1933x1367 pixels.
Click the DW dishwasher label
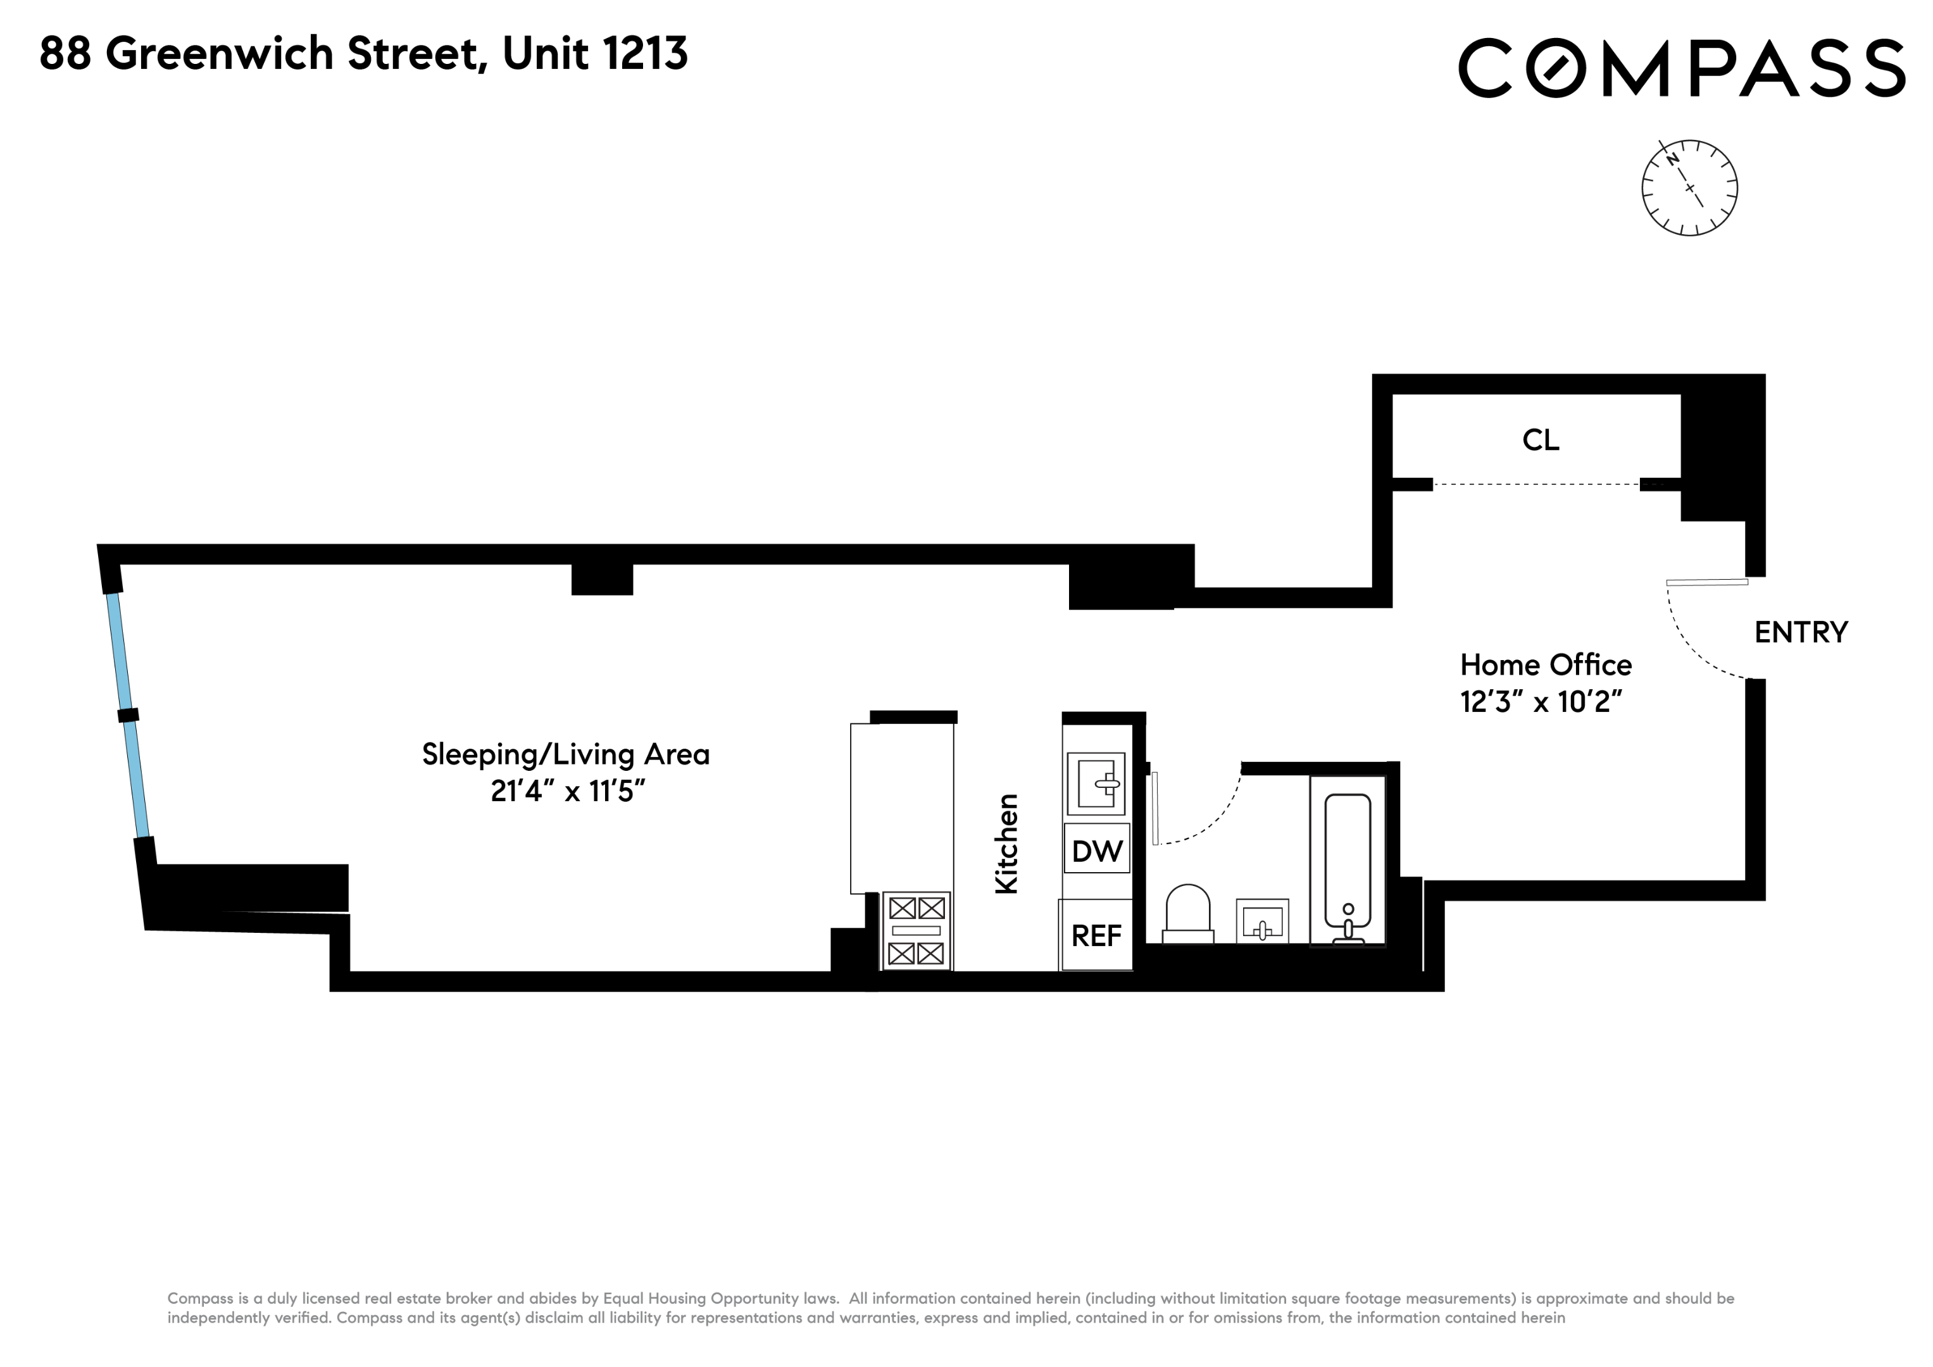1096,851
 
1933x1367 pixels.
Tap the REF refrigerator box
1096,935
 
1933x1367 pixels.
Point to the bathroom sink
1262,921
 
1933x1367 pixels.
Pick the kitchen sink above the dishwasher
1096,783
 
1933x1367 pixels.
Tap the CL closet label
1541,439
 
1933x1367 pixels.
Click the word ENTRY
1801,632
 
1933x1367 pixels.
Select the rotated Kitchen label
1007,844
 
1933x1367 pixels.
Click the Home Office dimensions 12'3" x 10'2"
1541,701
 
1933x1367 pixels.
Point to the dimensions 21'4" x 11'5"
568,791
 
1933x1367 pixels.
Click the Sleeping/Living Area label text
566,754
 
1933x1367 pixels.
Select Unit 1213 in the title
594,53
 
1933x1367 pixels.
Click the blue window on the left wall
128,716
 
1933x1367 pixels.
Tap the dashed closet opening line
1537,484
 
